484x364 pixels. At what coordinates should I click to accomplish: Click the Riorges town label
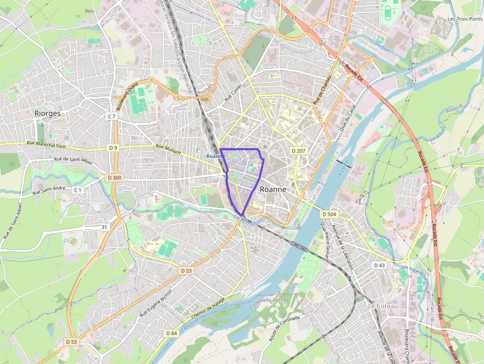pyautogui.click(x=47, y=114)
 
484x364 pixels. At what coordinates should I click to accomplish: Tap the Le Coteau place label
pyautogui.click(x=383, y=306)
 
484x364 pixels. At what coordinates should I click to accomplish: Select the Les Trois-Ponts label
pyautogui.click(x=464, y=19)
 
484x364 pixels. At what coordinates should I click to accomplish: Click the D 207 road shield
pyautogui.click(x=299, y=150)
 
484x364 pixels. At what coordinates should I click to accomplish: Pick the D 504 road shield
pyautogui.click(x=329, y=214)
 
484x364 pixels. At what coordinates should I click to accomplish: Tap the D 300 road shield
pyautogui.click(x=114, y=178)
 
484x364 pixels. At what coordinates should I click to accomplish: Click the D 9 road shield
pyautogui.click(x=113, y=148)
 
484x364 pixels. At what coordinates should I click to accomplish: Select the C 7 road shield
pyautogui.click(x=112, y=116)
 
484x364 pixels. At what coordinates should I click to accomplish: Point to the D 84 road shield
pyautogui.click(x=171, y=333)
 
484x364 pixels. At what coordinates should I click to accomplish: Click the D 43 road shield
pyautogui.click(x=379, y=265)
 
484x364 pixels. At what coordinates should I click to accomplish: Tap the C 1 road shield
pyautogui.click(x=78, y=190)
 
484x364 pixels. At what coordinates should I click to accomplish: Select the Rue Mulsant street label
pyautogui.click(x=168, y=149)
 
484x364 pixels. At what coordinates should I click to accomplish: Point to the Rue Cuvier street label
pyautogui.click(x=235, y=91)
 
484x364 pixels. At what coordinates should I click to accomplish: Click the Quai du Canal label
pyautogui.click(x=345, y=123)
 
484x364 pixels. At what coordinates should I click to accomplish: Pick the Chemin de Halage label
pyautogui.click(x=208, y=310)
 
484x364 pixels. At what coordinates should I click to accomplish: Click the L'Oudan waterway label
pyautogui.click(x=380, y=46)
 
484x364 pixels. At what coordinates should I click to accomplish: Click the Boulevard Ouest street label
pyautogui.click(x=126, y=96)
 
